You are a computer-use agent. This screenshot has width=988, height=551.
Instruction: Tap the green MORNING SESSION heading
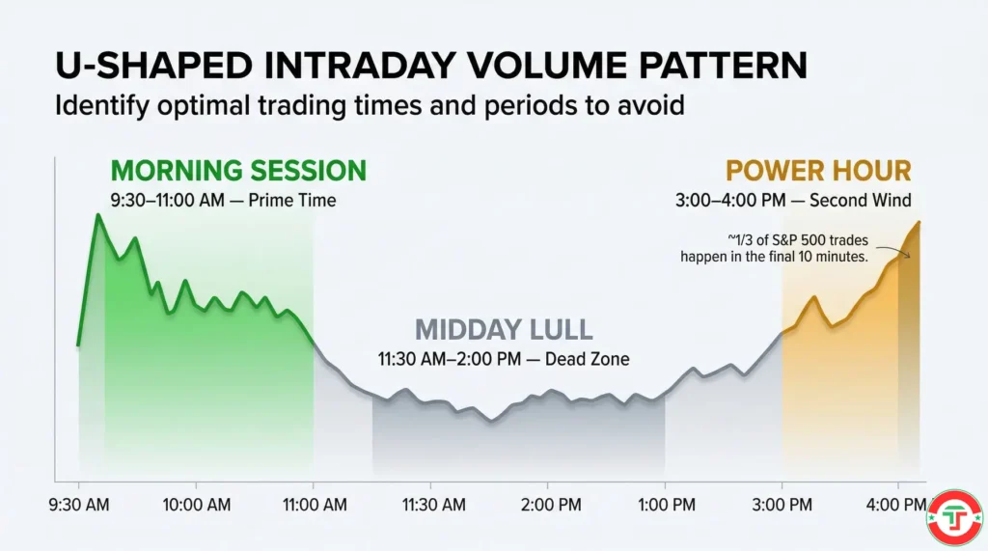[x=238, y=171]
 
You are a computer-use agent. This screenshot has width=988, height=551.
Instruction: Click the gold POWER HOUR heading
[x=818, y=171]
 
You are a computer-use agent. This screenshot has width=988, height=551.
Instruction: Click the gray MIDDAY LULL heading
[x=503, y=329]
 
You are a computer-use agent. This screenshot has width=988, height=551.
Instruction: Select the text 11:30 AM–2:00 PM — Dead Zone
[x=503, y=359]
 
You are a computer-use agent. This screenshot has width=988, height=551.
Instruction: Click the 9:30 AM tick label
[x=79, y=504]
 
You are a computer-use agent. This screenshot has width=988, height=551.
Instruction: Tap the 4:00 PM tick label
[x=896, y=504]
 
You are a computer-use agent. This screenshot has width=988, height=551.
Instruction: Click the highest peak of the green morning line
[x=97, y=214]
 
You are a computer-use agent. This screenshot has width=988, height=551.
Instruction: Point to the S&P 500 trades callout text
[x=774, y=249]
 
